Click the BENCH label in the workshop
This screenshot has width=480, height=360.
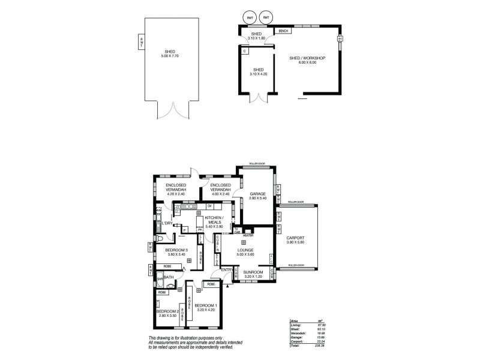(x=283, y=31)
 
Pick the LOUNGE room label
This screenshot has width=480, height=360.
(x=244, y=250)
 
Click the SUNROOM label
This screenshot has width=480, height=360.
(x=253, y=272)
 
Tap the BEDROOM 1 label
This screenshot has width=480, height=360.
(x=206, y=306)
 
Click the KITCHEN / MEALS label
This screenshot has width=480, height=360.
(x=214, y=220)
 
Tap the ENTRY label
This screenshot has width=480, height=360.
(x=227, y=270)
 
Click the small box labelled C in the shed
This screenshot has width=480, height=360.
(x=245, y=52)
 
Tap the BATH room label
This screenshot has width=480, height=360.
(x=169, y=277)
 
